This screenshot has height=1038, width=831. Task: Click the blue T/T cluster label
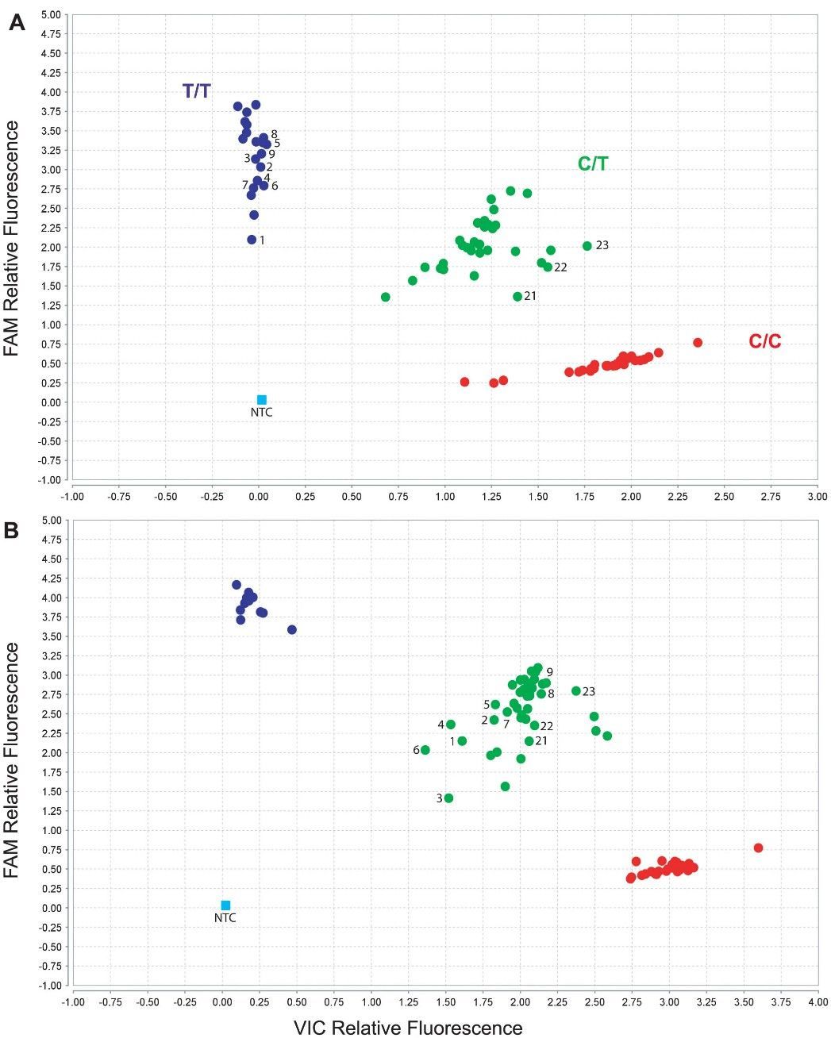197,91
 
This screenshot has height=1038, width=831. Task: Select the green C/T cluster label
593,164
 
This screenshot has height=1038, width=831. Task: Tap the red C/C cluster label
764,342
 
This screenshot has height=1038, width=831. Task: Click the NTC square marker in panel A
262,400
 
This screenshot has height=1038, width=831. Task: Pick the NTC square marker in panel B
225,905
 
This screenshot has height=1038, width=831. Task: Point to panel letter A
17,24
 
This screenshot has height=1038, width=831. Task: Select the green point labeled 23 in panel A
587,246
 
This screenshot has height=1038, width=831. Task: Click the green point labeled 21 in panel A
517,297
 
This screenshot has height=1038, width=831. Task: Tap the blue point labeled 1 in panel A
252,240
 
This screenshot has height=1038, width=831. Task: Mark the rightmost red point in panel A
698,343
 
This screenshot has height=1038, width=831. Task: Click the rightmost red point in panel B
758,848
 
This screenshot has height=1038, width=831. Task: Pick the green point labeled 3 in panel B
448,798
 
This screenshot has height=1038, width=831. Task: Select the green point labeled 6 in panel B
425,750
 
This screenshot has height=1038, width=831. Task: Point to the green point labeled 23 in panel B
576,691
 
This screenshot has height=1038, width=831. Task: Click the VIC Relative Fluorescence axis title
408,1028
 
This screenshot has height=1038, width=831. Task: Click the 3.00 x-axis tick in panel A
817,497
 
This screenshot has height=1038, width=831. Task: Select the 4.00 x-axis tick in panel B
818,1002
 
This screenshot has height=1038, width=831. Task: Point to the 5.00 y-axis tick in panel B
49,521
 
